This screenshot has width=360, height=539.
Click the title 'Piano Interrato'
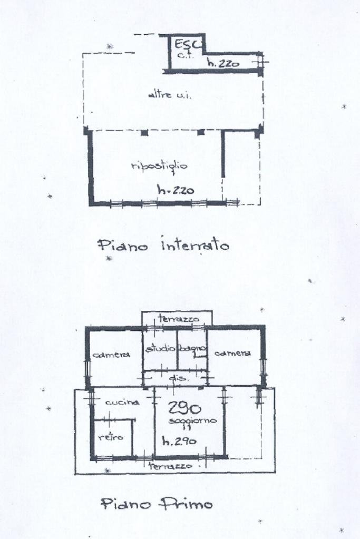click(x=163, y=245)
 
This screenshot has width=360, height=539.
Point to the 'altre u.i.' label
click(x=164, y=95)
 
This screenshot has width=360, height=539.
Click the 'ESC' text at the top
click(x=185, y=44)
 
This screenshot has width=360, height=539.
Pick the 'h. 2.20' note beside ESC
click(x=223, y=64)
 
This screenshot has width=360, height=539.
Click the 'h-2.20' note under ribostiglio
click(x=176, y=190)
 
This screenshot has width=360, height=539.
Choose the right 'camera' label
click(x=232, y=353)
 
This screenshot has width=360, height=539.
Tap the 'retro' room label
click(x=111, y=437)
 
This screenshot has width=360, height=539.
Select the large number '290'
click(x=184, y=408)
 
